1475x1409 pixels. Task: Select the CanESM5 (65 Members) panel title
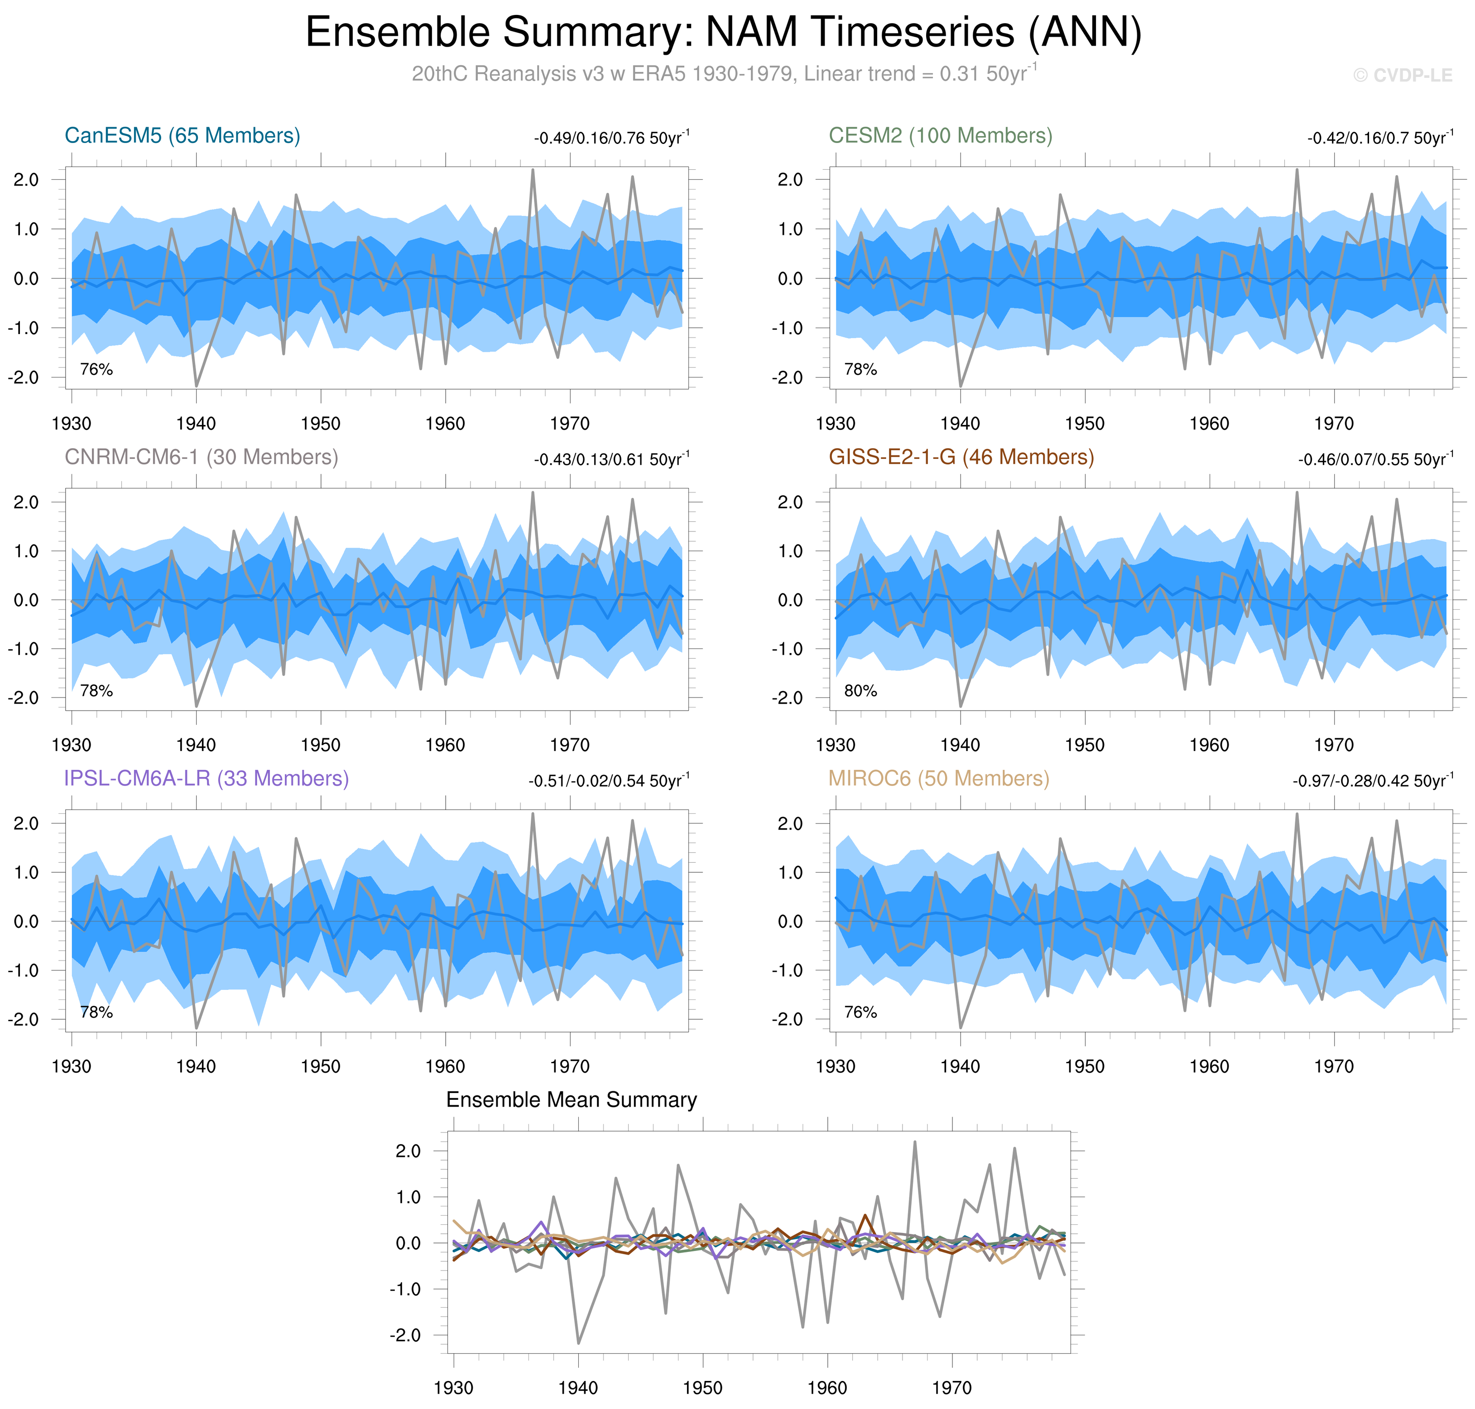pos(183,136)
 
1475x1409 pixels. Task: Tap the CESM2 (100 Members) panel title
pos(940,136)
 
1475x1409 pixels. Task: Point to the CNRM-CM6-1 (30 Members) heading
pos(202,458)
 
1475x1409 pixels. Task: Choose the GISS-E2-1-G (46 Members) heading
pos(961,458)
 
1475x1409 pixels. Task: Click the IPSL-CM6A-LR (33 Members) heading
pos(207,779)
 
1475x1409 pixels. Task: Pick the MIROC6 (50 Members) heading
pos(938,779)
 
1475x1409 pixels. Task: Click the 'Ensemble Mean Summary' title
pos(571,1100)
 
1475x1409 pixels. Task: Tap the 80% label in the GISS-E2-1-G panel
pos(860,691)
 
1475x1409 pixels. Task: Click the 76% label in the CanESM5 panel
pos(96,369)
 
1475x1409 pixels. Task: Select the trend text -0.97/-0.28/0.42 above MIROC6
pos(1372,781)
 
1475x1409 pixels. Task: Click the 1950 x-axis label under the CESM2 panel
pos(1084,424)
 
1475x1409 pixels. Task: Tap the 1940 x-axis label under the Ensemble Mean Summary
pos(578,1388)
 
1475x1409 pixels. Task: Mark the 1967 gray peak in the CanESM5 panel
pos(533,171)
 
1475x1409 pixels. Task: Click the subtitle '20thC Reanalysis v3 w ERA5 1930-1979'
pos(601,74)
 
